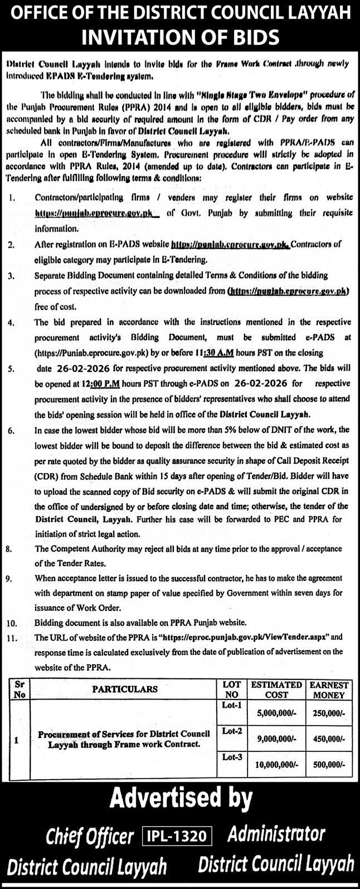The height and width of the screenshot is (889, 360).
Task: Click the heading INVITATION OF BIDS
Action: (x=179, y=37)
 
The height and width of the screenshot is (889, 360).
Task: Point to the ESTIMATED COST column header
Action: (x=276, y=689)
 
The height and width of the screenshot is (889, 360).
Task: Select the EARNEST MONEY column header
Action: (x=330, y=689)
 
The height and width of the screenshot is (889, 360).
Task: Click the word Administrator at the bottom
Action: (x=276, y=834)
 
